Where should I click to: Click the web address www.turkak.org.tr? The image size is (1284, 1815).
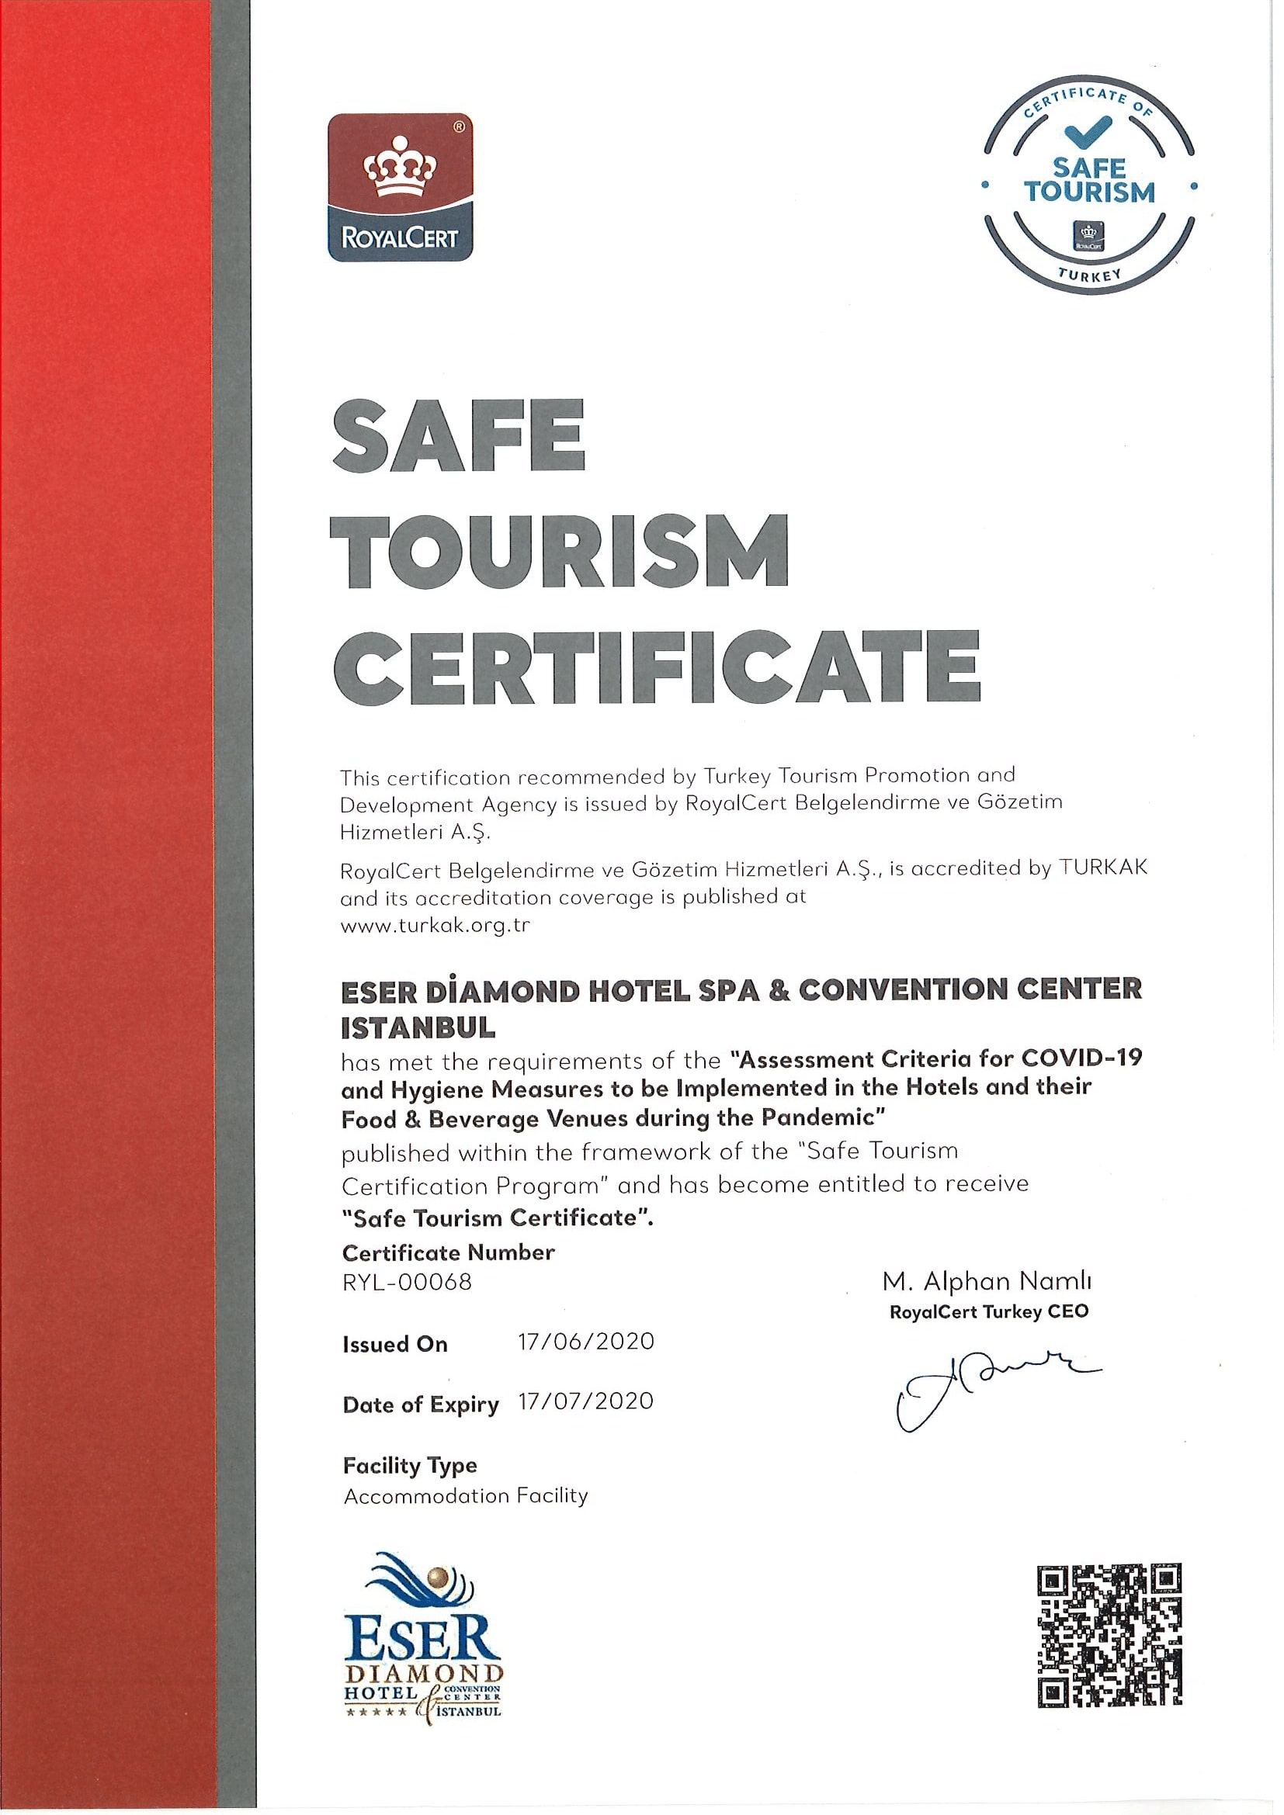(x=434, y=926)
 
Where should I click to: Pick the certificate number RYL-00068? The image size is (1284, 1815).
(x=408, y=1281)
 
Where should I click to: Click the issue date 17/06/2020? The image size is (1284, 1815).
(x=586, y=1342)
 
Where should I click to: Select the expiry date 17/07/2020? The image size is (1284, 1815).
(x=586, y=1401)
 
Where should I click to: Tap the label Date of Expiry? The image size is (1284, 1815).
(x=421, y=1405)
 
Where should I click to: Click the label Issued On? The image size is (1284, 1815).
(x=394, y=1345)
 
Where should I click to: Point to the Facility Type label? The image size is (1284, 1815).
(x=410, y=1465)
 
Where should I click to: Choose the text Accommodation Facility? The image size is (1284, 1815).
(x=466, y=1495)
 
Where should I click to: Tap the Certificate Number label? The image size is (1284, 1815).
(x=448, y=1252)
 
